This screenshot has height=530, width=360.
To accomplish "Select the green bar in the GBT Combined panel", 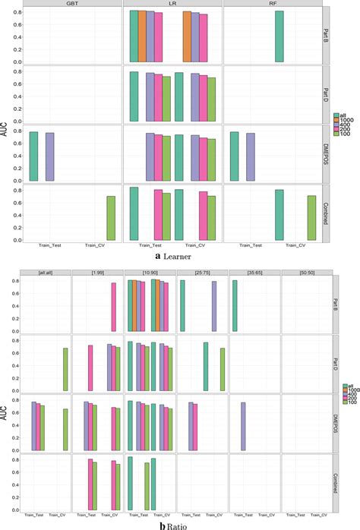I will click(111, 218).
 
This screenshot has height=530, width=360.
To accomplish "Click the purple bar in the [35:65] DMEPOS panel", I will click(243, 426).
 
